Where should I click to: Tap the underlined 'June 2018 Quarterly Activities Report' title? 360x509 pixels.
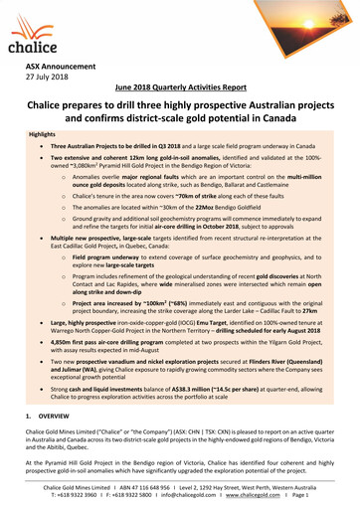[x=180, y=89]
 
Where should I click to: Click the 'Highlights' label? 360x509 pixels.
[x=43, y=132]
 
